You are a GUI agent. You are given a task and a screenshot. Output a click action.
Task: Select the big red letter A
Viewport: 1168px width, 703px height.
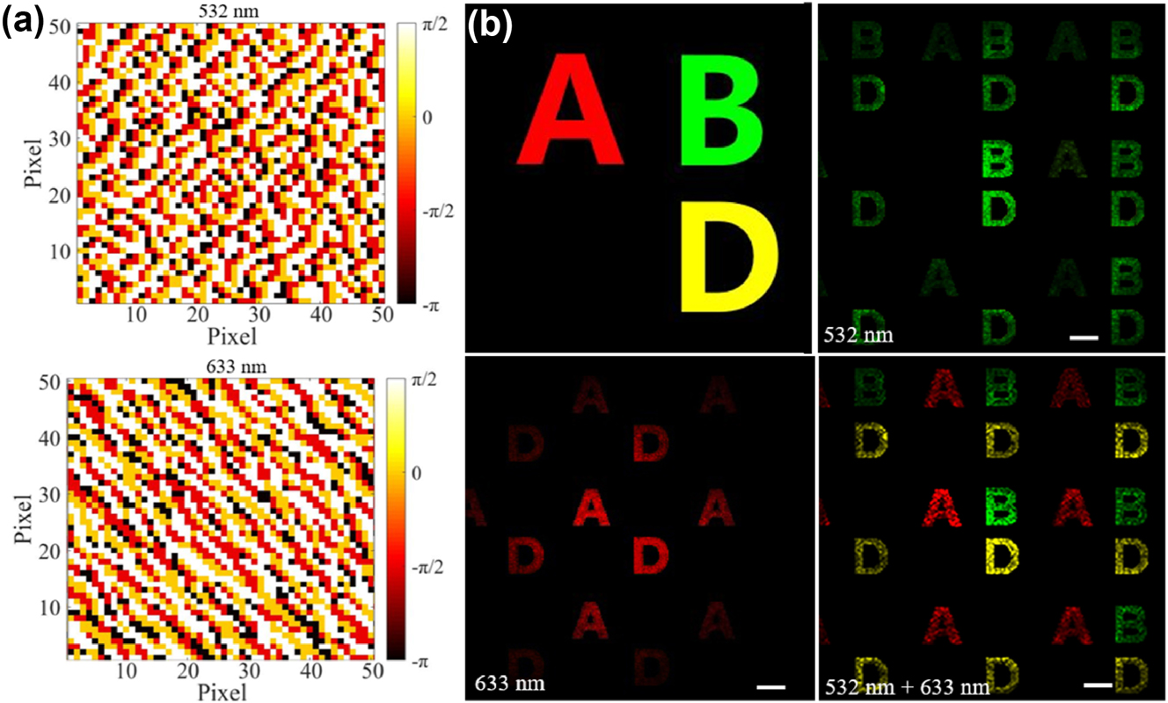572,107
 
